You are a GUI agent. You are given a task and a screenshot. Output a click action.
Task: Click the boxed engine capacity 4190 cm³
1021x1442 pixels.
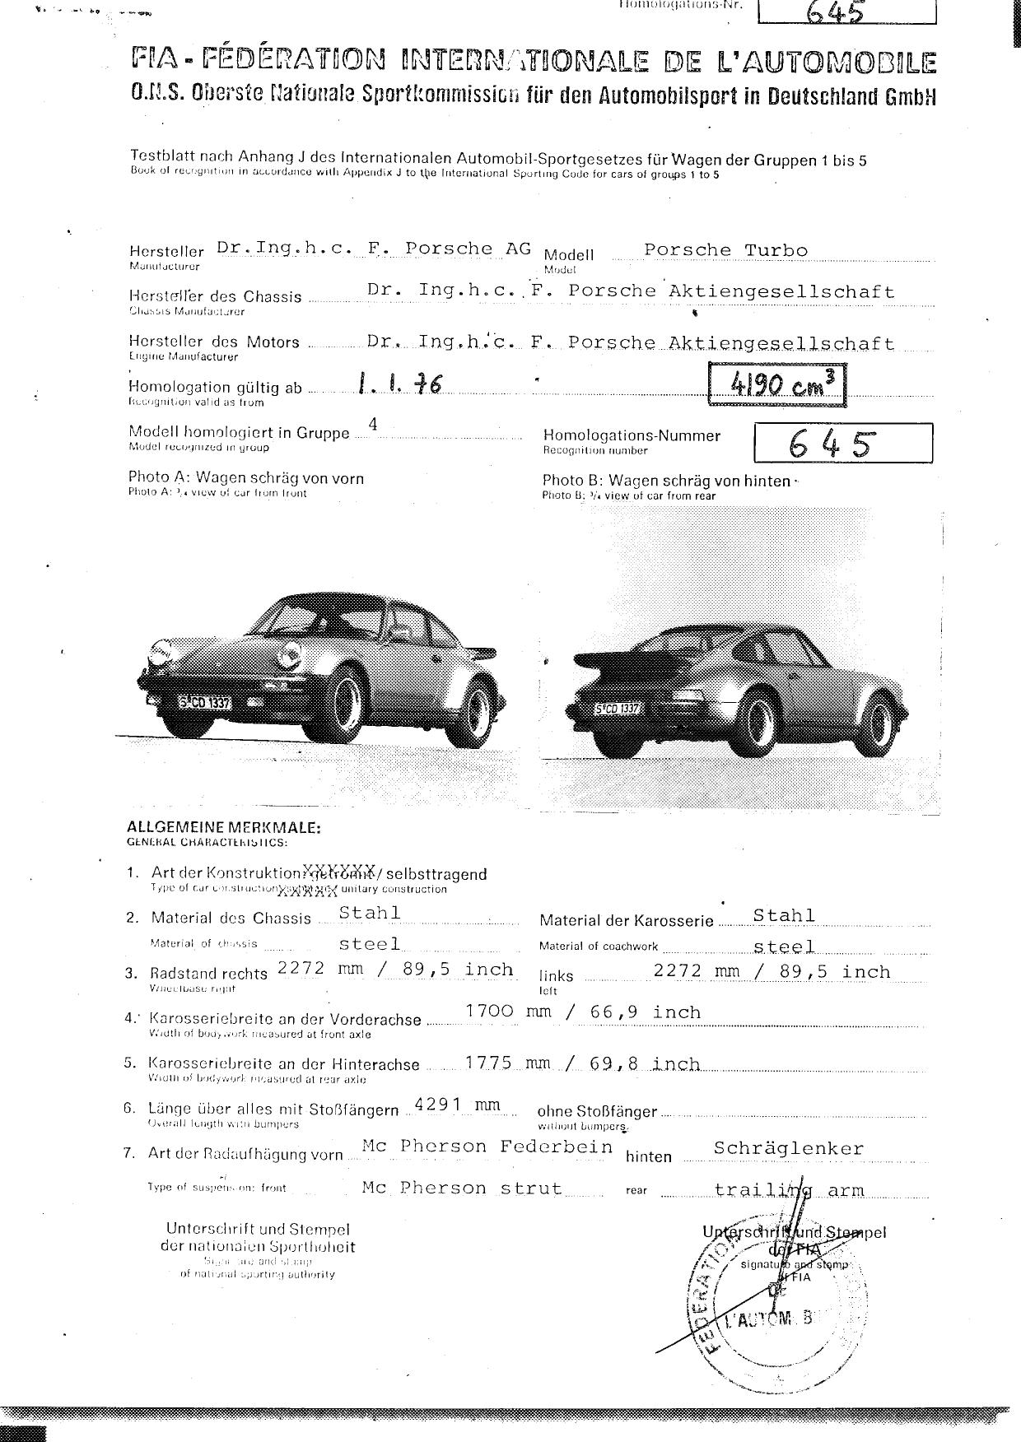[776, 384]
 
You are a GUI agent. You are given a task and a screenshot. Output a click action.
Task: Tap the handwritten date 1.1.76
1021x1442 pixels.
[399, 384]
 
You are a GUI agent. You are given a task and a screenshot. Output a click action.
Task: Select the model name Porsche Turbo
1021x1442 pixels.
[725, 250]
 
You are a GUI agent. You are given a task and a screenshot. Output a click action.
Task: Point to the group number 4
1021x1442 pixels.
[373, 425]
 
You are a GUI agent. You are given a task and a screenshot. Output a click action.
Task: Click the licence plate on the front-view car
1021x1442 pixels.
[205, 703]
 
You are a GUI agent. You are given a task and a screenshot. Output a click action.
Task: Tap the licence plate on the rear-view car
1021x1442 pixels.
[618, 709]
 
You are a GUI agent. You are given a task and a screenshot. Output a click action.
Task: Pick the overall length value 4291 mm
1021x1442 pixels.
[457, 1105]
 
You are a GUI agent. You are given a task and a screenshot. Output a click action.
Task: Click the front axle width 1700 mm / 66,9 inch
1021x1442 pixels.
[583, 1012]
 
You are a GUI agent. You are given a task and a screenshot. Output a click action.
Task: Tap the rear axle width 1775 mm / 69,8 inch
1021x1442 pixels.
[583, 1063]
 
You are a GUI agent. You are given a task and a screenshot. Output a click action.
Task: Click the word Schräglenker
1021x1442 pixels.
[789, 1148]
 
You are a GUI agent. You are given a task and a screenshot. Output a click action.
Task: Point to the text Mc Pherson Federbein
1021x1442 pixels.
[487, 1147]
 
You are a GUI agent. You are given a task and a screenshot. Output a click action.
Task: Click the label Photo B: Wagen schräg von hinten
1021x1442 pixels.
[666, 481]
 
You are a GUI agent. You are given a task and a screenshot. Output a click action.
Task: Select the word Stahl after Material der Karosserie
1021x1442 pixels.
[784, 915]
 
